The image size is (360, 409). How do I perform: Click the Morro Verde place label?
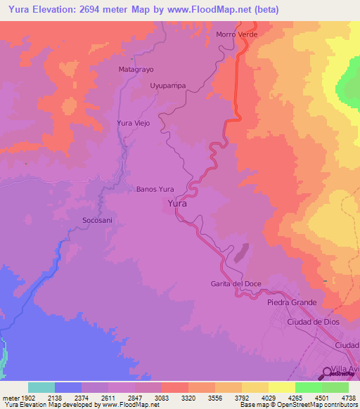click(237, 34)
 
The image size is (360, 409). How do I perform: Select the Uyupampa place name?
click(168, 86)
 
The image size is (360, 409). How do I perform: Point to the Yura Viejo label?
click(133, 123)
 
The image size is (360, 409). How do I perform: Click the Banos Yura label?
click(155, 189)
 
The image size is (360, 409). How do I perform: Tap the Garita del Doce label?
click(236, 284)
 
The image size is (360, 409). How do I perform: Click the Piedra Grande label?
click(292, 303)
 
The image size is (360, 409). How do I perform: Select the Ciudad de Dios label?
click(314, 321)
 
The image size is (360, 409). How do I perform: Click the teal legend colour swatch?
click(41, 387)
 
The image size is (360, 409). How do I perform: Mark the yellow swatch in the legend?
click(281, 387)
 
